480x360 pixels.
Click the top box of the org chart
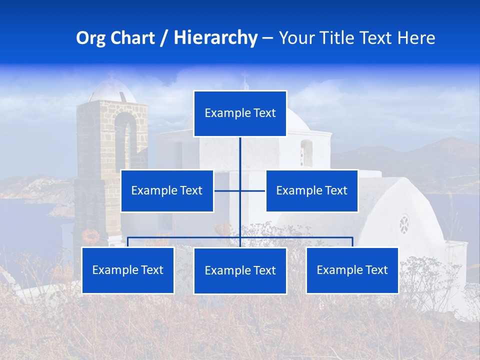pos(240,113)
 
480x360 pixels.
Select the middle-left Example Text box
pos(167,190)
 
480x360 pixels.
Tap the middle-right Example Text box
pos(311,190)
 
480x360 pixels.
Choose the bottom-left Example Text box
pos(128,270)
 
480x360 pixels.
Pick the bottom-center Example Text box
pos(240,270)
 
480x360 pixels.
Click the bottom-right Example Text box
pos(352,270)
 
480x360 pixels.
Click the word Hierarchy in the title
pos(215,38)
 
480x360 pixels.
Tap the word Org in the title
pos(90,38)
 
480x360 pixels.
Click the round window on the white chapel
pos(404,224)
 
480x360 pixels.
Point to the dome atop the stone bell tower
pos(111,90)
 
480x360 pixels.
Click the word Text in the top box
pos(264,113)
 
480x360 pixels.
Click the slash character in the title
pos(163,38)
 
